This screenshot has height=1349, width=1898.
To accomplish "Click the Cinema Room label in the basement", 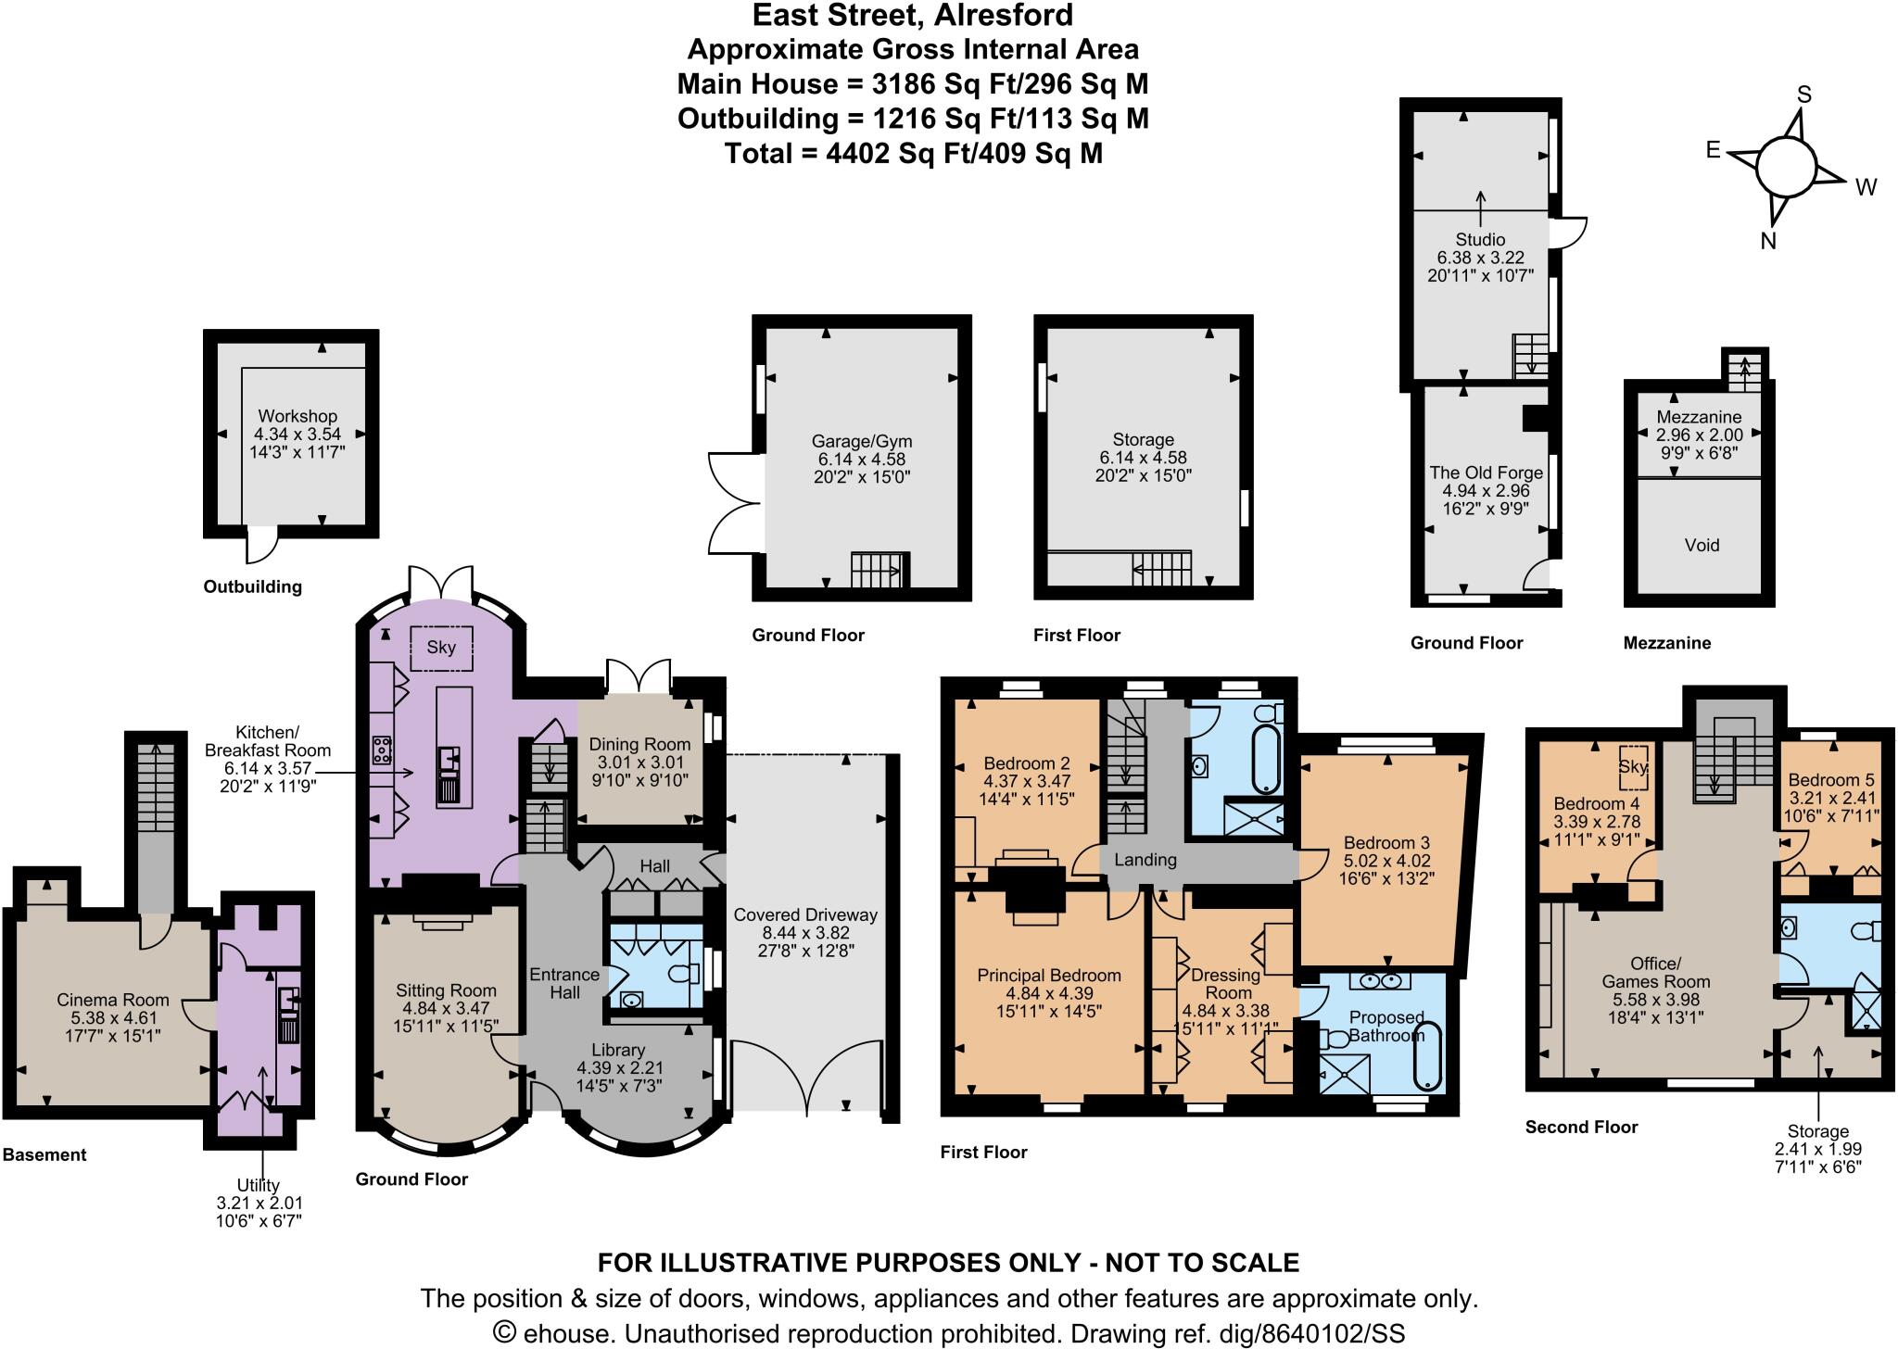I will [x=113, y=1000].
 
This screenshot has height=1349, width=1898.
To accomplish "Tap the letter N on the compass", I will [x=1767, y=241].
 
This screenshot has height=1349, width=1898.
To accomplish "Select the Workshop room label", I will [x=297, y=416].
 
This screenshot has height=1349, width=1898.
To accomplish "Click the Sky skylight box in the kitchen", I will [x=441, y=647].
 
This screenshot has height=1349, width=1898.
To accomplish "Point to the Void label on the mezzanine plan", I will [x=1702, y=545].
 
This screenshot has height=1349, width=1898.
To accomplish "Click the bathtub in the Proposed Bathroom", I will [x=1428, y=1055].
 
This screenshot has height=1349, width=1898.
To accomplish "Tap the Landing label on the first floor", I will [x=1145, y=860].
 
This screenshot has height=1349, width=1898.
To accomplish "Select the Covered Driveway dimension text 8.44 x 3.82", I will [x=804, y=933].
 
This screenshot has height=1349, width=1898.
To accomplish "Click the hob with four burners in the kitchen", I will [x=381, y=749].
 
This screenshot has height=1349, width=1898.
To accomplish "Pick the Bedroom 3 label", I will [x=1386, y=843].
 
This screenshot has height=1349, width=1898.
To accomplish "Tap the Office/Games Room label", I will [x=1655, y=973].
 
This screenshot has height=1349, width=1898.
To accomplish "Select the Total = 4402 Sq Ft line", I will [x=913, y=153].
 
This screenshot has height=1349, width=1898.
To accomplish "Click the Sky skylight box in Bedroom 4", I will [x=1633, y=766].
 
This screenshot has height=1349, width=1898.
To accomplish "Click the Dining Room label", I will [x=639, y=744].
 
